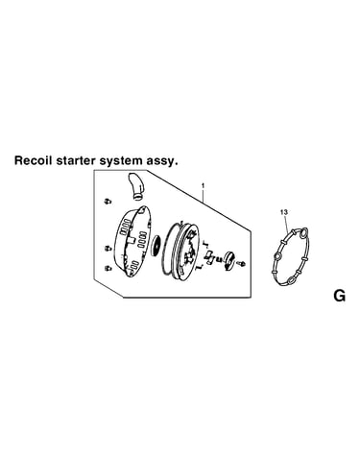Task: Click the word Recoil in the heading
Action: [x=34, y=160]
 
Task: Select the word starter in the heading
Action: [x=76, y=160]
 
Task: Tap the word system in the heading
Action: [x=120, y=161]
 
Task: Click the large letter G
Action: [x=339, y=296]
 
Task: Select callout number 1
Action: [x=203, y=185]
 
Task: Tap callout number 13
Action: [x=283, y=212]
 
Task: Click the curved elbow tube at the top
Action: [x=136, y=187]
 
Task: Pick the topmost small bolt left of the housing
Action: [x=108, y=201]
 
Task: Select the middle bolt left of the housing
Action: [x=108, y=248]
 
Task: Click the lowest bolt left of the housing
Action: [x=108, y=268]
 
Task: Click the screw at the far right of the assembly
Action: [x=241, y=263]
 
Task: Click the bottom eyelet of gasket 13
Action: [x=291, y=280]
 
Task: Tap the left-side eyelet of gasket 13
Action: [x=276, y=256]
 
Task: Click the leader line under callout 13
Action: [x=287, y=224]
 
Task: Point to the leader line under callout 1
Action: [x=204, y=195]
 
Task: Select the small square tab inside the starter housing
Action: [x=132, y=240]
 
